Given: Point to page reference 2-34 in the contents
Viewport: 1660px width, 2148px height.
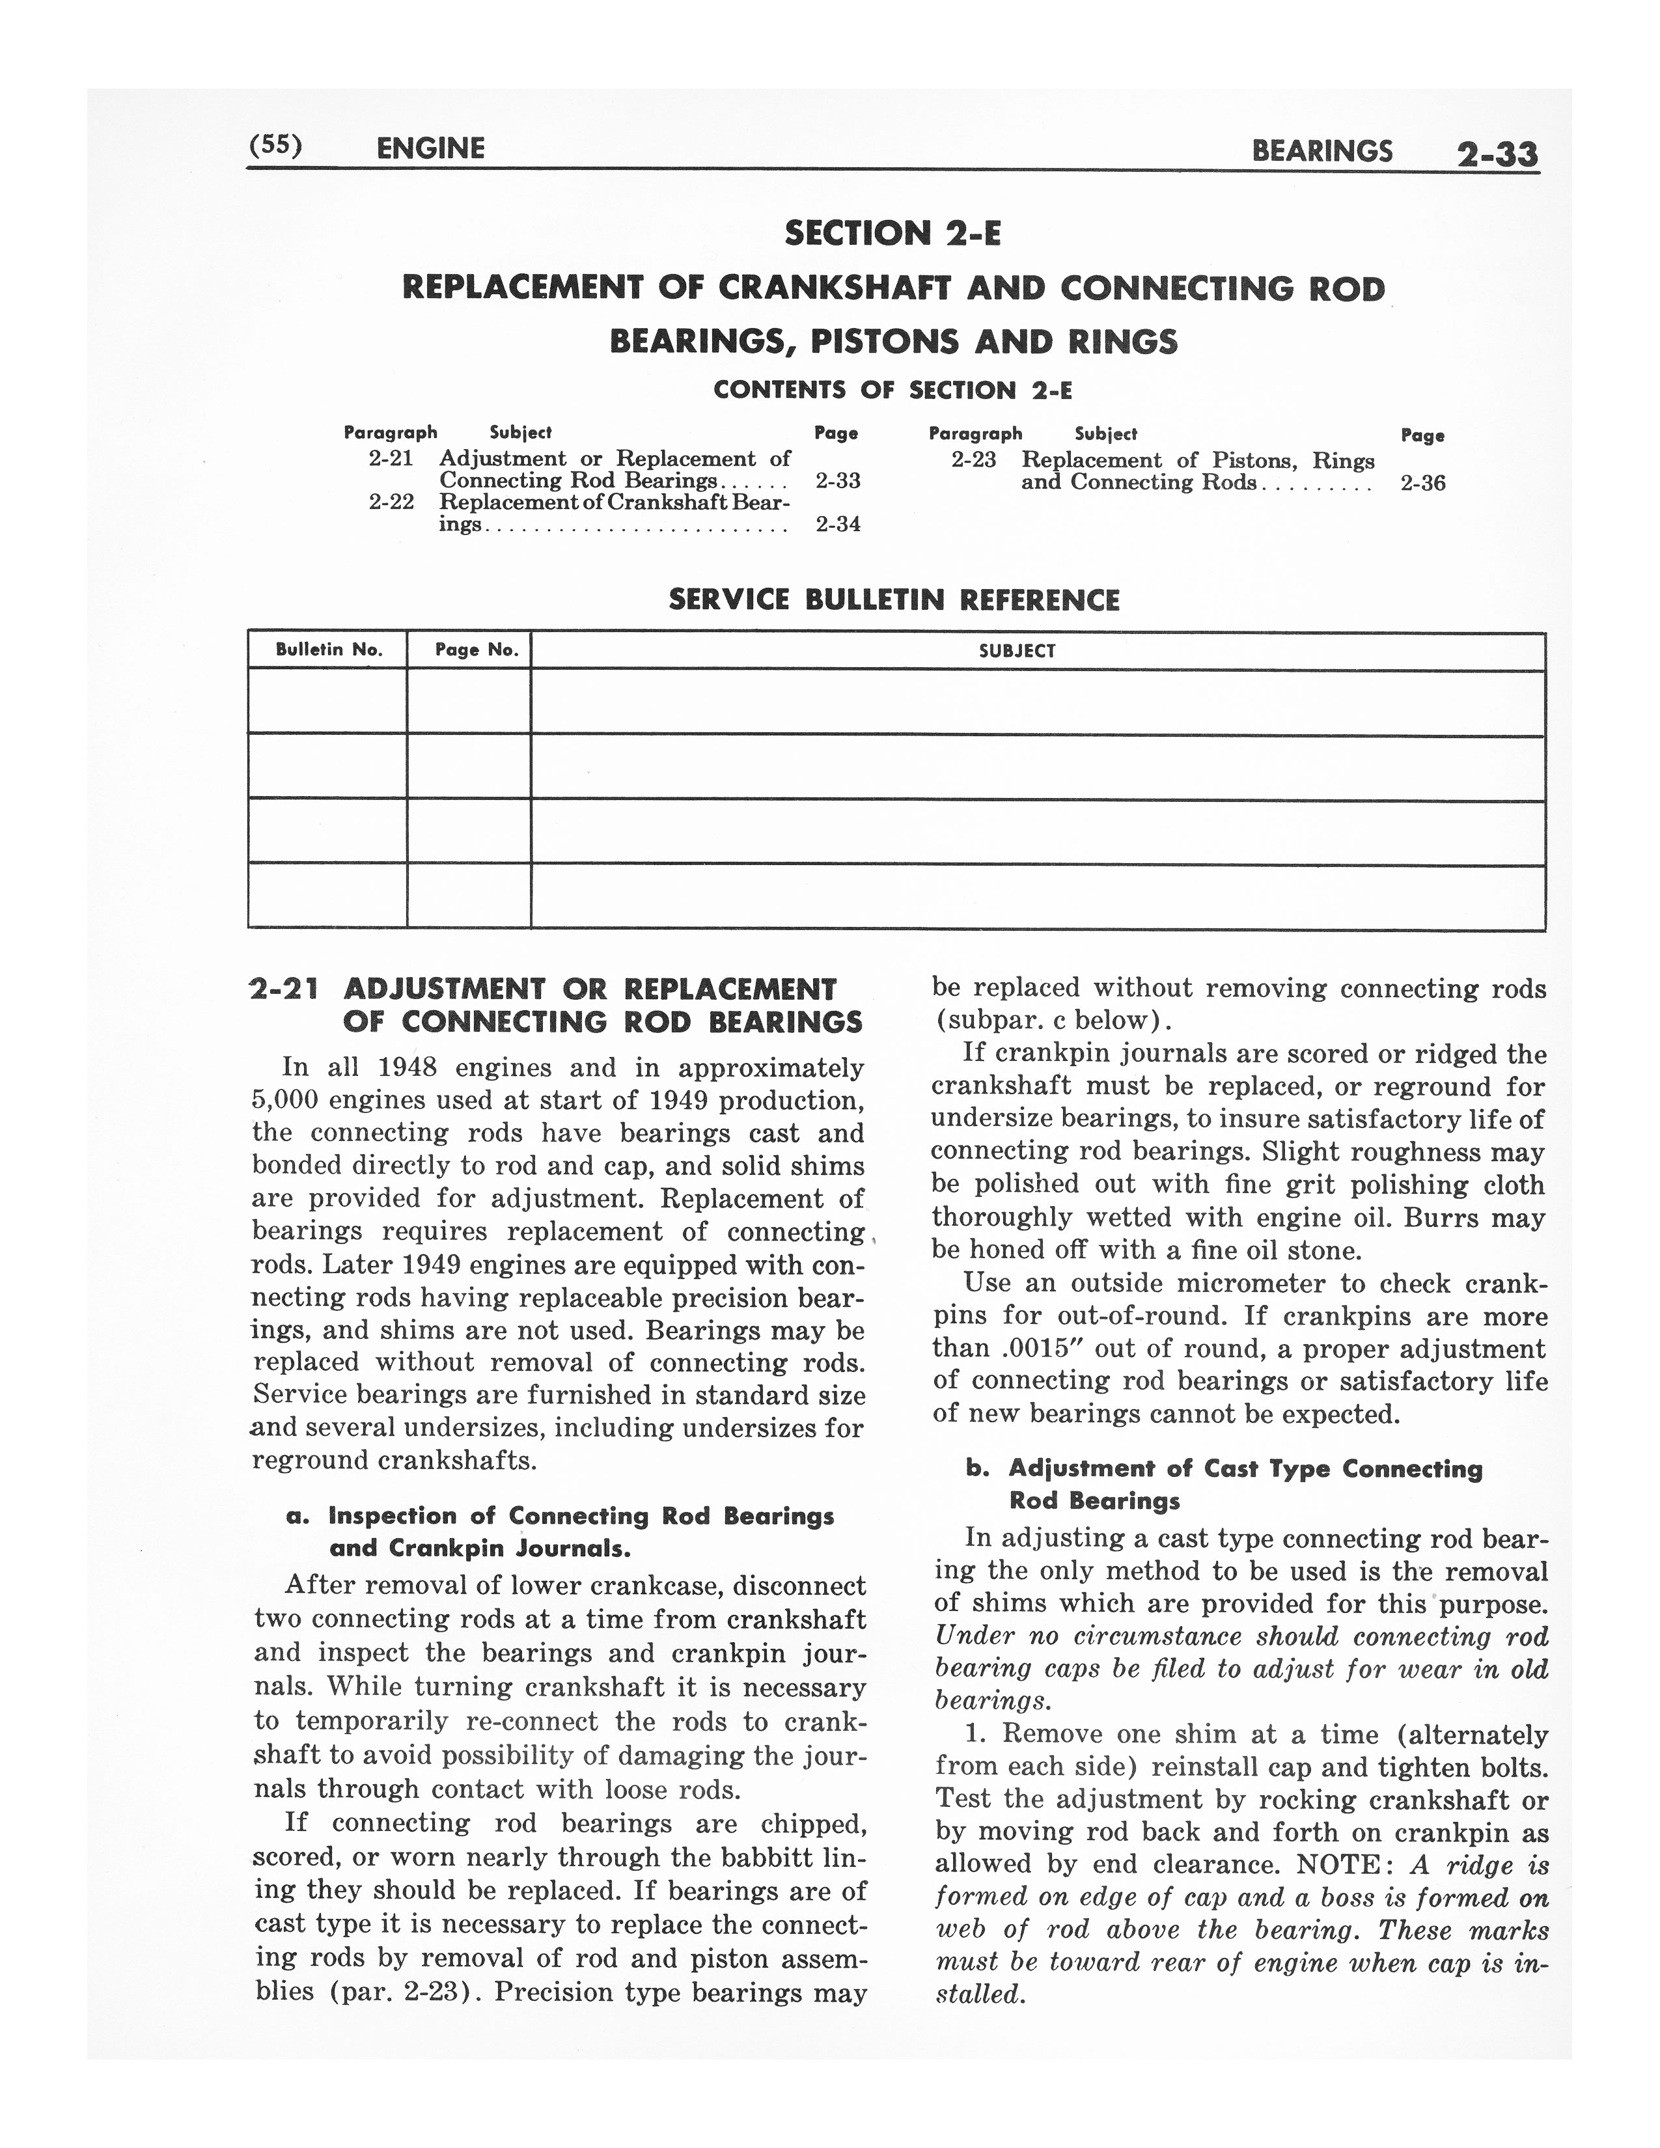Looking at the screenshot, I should [838, 524].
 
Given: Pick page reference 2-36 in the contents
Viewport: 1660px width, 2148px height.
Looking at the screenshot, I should [1422, 483].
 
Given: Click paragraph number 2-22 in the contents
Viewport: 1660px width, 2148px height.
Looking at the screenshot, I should [391, 502].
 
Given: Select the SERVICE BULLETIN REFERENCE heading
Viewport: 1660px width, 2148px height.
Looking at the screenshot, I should [894, 600].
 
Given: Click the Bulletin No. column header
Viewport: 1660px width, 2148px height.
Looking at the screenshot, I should [327, 650].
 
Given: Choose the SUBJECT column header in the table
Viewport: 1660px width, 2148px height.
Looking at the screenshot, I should [1017, 651].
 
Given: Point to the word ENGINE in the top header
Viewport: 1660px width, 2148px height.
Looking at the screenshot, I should [431, 148].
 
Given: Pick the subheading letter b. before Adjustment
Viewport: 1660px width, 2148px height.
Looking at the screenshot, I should [976, 1468].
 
